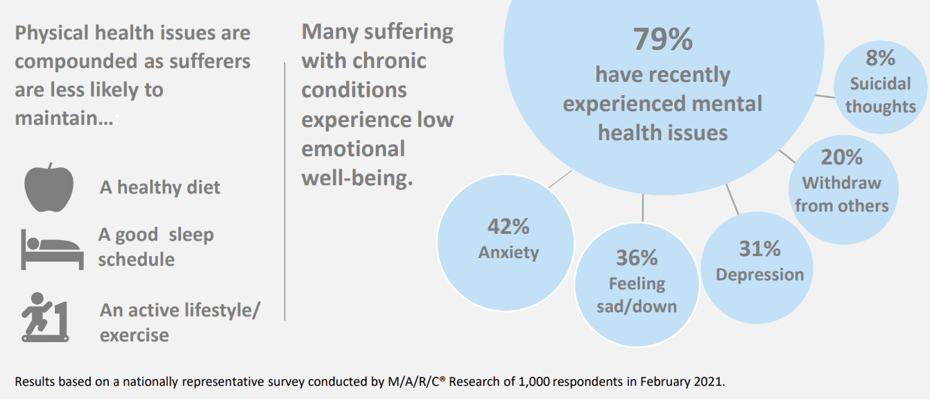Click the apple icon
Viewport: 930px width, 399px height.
point(49,187)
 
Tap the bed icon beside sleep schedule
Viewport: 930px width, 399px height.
point(52,249)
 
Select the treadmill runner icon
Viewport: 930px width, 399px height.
point(45,317)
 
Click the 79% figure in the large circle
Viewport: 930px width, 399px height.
point(662,40)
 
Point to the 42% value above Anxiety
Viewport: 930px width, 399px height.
point(508,226)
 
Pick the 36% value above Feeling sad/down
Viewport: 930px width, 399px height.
point(637,257)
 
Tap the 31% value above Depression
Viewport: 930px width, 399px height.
point(759,248)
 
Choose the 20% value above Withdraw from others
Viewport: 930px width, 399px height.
point(841,157)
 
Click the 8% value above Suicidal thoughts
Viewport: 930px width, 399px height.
point(880,58)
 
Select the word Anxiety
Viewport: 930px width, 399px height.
point(508,253)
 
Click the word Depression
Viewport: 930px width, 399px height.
point(760,275)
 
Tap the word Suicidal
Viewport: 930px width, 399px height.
point(880,84)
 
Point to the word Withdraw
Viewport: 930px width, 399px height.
point(841,183)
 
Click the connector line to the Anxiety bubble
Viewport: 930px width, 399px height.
point(560,179)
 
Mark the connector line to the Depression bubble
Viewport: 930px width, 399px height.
point(732,200)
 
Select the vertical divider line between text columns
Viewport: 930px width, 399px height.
point(285,192)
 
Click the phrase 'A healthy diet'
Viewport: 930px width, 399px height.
point(160,187)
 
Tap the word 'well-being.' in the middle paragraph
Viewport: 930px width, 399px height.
point(357,178)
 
